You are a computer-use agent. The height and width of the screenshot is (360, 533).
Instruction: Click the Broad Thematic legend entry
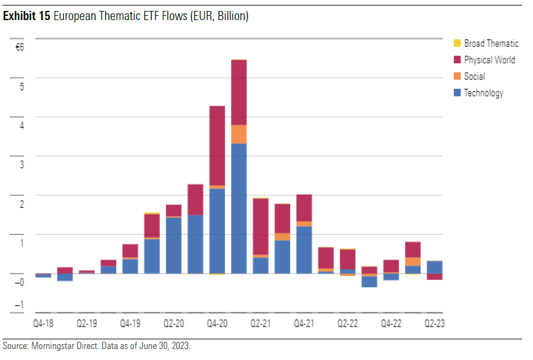[x=490, y=44]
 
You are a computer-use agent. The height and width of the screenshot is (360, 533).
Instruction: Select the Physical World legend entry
[x=489, y=60]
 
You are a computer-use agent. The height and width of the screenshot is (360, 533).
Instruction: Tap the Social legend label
[x=474, y=77]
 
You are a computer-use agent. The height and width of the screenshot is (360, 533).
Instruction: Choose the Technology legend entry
[x=483, y=93]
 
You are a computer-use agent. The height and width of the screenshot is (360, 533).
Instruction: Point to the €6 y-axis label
[x=19, y=47]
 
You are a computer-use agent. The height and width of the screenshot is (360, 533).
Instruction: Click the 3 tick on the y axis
[x=21, y=164]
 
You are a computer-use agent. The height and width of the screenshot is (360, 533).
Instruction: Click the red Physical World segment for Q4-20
[x=217, y=146]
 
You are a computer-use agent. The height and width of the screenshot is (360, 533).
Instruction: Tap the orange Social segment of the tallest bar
[x=239, y=134]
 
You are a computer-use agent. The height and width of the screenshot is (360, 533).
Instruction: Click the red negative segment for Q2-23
[x=434, y=277]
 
